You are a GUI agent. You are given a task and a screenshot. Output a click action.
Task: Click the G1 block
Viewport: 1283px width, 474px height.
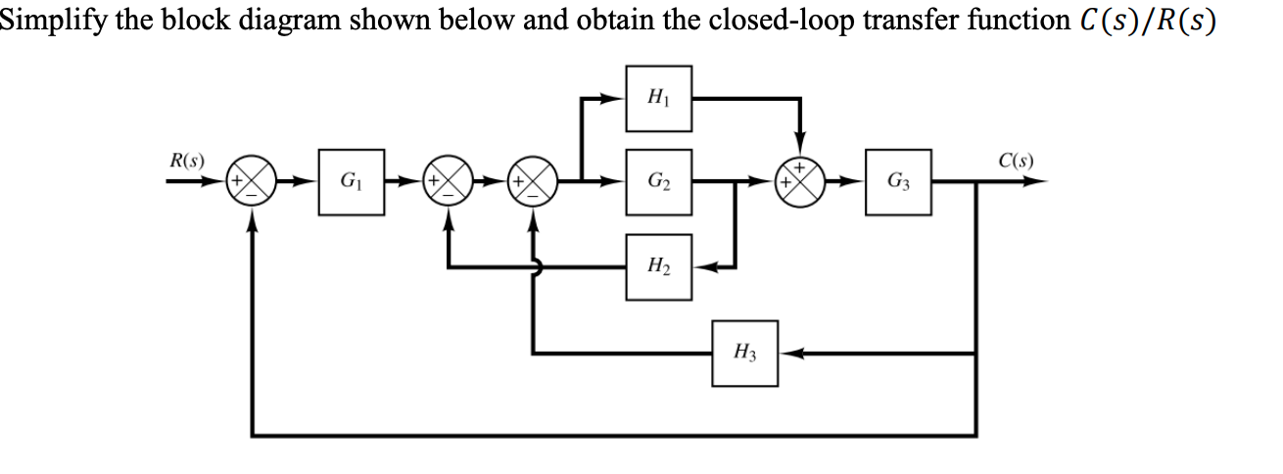348,182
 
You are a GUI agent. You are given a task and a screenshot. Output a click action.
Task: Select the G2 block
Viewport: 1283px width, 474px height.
658,182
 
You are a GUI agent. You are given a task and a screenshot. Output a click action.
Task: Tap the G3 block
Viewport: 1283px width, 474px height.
897,182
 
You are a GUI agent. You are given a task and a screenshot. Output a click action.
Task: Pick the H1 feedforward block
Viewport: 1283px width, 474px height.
658,98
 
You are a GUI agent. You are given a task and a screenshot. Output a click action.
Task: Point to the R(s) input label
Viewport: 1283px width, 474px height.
186,161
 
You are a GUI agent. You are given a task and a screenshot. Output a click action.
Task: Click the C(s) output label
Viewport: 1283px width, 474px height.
1018,161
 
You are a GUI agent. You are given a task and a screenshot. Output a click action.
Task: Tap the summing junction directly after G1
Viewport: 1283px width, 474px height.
447,182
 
